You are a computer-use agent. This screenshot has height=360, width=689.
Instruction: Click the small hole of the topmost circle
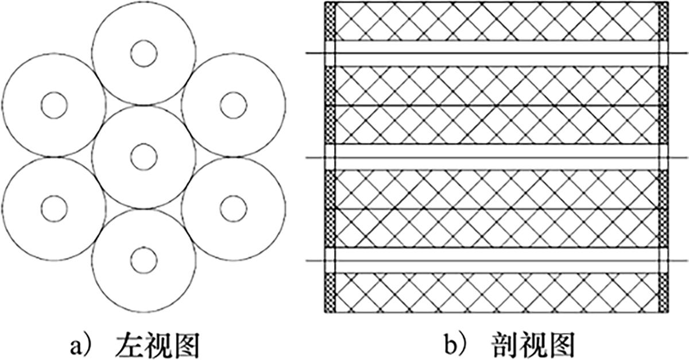click(x=144, y=53)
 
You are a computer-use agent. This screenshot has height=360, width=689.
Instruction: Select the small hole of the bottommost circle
click(x=144, y=261)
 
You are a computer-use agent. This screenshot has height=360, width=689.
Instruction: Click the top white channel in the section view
click(x=497, y=53)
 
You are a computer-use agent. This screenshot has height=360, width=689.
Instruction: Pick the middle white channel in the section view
click(x=497, y=157)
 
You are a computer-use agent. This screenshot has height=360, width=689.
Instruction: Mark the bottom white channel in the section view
click(x=497, y=261)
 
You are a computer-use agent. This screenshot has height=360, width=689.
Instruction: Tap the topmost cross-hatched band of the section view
click(x=497, y=21)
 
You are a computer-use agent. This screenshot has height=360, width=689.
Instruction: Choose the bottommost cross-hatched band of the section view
click(x=497, y=293)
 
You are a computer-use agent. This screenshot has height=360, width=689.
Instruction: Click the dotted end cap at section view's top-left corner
click(x=330, y=21)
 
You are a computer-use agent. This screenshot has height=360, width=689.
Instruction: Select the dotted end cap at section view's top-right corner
click(x=664, y=21)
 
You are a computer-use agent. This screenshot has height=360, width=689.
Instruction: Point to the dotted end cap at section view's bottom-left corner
click(x=330, y=293)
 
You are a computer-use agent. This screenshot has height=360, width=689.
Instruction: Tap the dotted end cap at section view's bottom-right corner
click(x=664, y=293)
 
